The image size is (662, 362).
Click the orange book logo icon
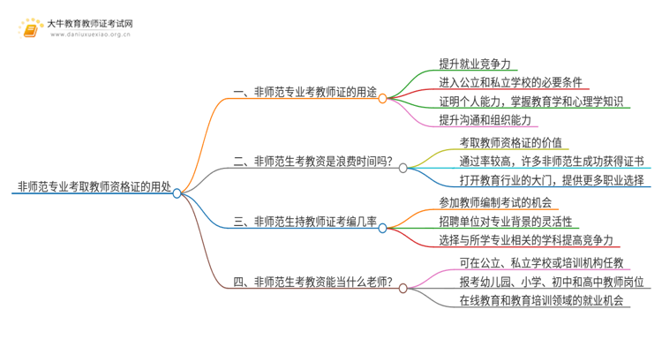click(30, 27)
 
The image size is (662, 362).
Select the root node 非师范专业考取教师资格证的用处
click(92, 187)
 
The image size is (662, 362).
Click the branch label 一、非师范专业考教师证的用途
click(303, 92)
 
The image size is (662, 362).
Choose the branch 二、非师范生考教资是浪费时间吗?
click(312, 161)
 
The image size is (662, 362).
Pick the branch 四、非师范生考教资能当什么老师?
click(312, 284)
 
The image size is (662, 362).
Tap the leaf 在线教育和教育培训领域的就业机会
click(542, 301)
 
